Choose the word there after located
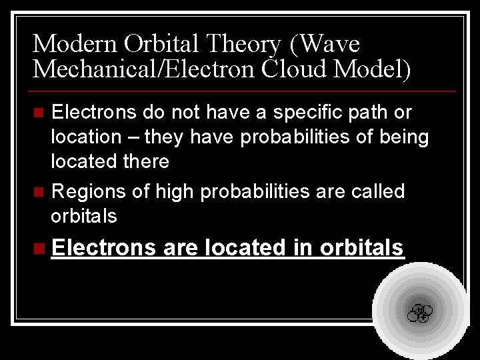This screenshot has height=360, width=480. tap(145, 161)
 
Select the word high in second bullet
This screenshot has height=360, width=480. tap(175, 192)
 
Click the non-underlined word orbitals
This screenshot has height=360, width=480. tap(84, 216)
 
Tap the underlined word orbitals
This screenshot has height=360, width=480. tap(362, 247)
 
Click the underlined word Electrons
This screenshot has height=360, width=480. tap(103, 247)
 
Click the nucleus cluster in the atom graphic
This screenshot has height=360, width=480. tap(420, 313)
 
